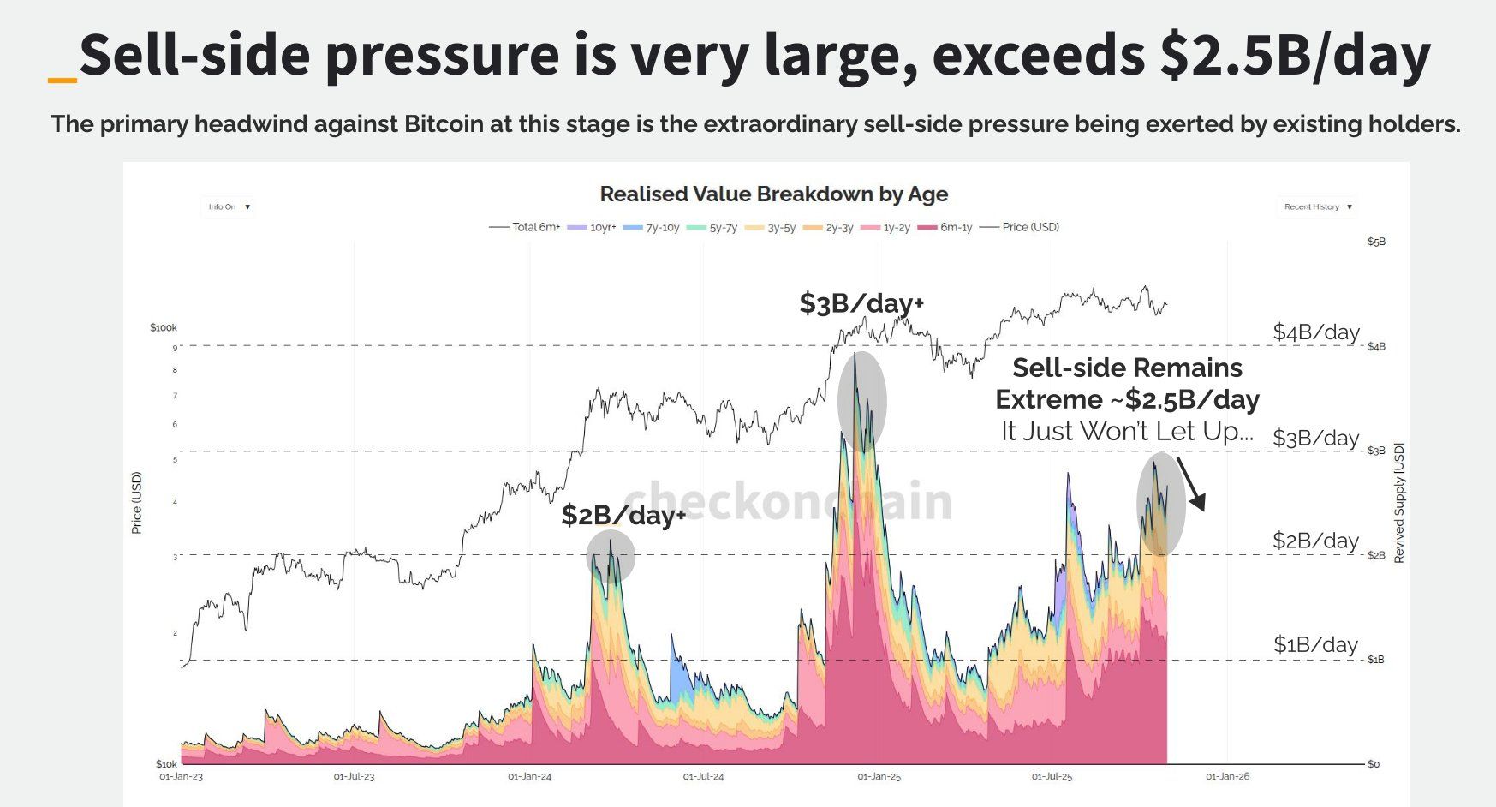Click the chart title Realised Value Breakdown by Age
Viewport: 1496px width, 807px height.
click(773, 194)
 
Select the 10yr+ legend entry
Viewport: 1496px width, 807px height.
click(593, 227)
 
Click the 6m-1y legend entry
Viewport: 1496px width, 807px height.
click(945, 227)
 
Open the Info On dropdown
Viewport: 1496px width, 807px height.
click(229, 206)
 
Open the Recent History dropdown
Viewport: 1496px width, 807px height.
click(1317, 206)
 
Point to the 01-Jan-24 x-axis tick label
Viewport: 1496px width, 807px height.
click(529, 776)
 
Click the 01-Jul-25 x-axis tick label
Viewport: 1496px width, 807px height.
click(1052, 776)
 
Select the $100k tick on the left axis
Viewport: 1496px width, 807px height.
click(163, 327)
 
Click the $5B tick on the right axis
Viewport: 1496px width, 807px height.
click(1376, 242)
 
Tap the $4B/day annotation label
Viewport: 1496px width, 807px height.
click(1315, 332)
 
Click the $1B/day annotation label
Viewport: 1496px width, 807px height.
click(1314, 644)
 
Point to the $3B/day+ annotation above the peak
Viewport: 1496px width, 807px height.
click(861, 302)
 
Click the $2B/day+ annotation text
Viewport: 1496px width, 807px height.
click(623, 515)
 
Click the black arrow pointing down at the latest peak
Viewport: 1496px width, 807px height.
click(1191, 484)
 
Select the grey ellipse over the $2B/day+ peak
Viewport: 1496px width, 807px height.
click(611, 557)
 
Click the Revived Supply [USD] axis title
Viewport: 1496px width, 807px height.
click(1399, 503)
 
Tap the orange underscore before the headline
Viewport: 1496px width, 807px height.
click(63, 80)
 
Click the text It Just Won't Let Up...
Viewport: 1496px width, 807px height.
click(1127, 431)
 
